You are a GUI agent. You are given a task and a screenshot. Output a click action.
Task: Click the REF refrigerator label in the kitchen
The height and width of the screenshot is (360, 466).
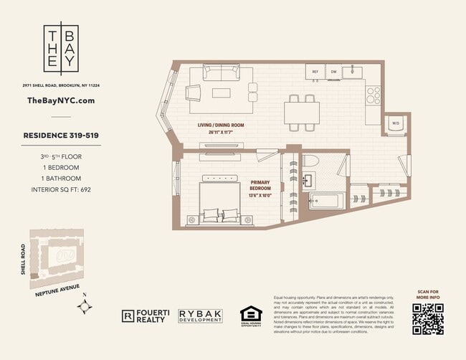[x=315, y=72]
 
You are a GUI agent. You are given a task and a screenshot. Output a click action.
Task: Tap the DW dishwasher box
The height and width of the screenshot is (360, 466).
[x=333, y=72]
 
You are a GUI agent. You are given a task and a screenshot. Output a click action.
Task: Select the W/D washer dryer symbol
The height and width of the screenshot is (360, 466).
[x=395, y=123]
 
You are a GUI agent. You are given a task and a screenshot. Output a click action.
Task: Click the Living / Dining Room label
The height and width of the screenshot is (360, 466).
[x=221, y=125]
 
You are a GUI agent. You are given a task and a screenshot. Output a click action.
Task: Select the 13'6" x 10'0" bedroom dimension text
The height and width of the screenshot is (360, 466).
[x=260, y=194]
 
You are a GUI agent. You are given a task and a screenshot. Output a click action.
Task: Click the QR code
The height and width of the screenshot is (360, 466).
[x=428, y=318]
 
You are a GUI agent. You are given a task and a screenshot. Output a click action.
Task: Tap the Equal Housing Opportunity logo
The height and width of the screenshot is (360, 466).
[x=251, y=316]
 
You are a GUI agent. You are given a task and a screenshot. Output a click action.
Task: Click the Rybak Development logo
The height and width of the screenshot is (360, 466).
[x=201, y=316]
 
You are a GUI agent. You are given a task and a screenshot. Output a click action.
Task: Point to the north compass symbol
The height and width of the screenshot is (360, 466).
[x=86, y=306]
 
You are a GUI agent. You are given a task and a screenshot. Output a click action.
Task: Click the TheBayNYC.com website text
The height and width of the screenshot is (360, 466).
[x=60, y=101]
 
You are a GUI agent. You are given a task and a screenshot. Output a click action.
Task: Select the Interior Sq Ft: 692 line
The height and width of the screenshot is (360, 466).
[x=60, y=190]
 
